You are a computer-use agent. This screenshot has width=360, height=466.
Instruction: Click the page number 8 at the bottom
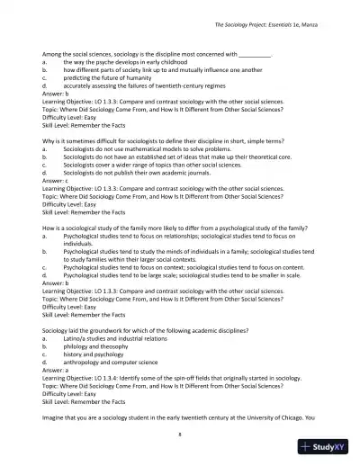tap(180, 433)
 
